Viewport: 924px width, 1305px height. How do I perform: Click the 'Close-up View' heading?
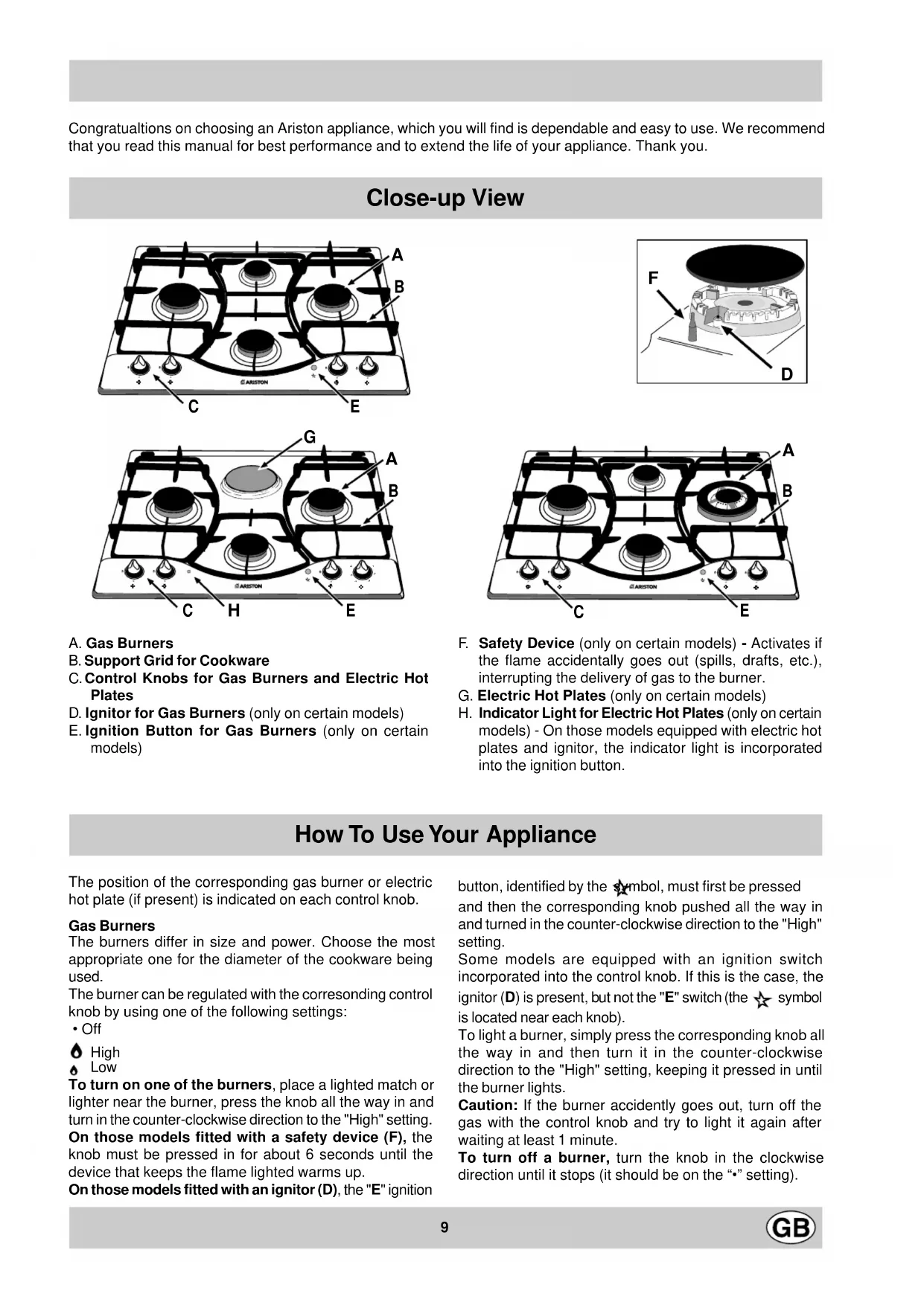(x=445, y=198)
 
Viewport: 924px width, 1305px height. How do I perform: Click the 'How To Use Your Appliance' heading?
(x=445, y=834)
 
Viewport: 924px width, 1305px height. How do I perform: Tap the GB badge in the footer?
(x=791, y=1228)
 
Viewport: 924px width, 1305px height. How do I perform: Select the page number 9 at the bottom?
(x=445, y=1228)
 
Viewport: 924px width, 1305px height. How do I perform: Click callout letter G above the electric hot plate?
(x=310, y=437)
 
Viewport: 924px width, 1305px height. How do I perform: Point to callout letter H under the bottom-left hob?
(x=234, y=611)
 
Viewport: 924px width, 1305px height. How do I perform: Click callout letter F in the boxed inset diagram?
(x=653, y=278)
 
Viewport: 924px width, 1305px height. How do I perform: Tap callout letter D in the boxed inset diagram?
(x=787, y=373)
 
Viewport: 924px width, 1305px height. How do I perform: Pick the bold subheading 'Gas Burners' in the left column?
(x=112, y=926)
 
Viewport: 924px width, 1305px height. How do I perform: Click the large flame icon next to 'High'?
(x=76, y=1052)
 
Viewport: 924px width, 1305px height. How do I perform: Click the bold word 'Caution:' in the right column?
(x=488, y=1105)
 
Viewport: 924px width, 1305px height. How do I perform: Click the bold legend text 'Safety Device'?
(x=526, y=643)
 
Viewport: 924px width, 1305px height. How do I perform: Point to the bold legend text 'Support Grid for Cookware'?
(x=176, y=661)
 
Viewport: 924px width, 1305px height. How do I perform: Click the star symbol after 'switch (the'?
(x=761, y=999)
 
